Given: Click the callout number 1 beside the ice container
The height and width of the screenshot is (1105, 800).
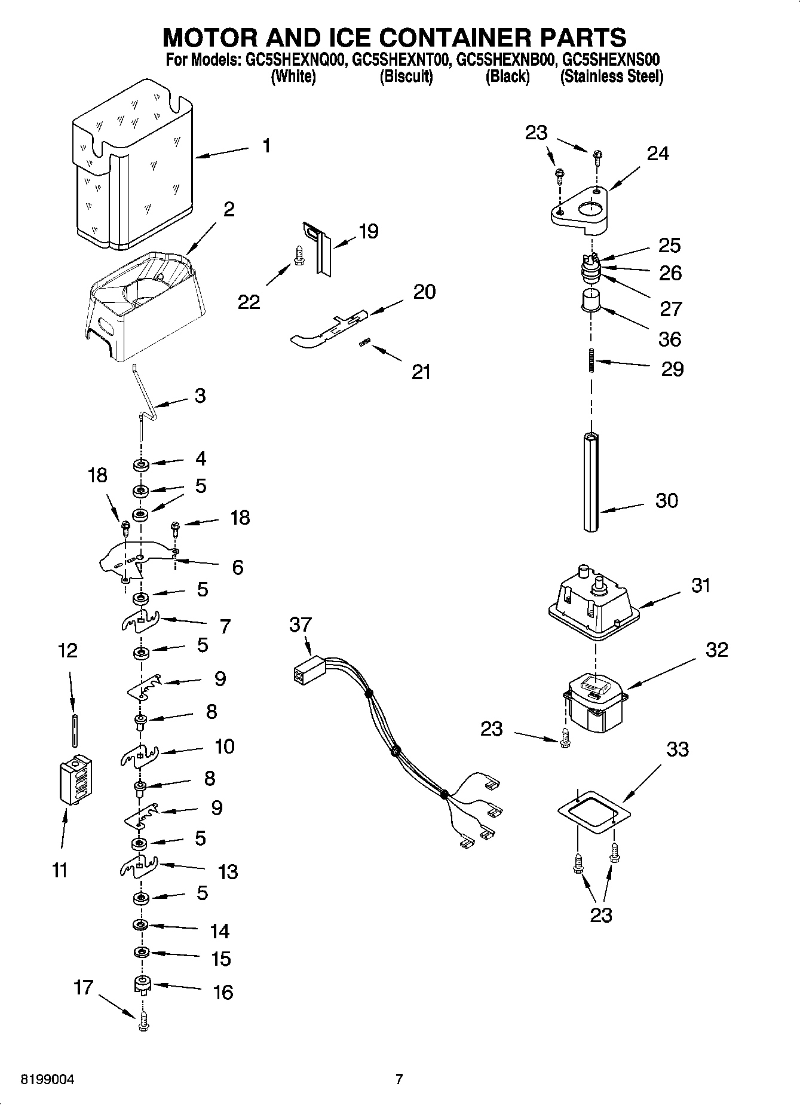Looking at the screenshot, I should (266, 145).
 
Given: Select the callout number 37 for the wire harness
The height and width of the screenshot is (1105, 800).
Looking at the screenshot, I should (300, 625).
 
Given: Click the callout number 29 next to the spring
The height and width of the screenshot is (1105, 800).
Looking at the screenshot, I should (672, 369).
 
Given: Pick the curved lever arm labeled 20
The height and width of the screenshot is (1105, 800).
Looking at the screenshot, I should (326, 329).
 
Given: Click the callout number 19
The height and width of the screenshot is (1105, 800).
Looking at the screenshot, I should (369, 231).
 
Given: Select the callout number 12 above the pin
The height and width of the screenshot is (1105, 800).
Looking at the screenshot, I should (68, 650).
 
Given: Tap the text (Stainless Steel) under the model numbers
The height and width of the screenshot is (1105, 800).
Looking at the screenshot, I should (612, 76).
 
